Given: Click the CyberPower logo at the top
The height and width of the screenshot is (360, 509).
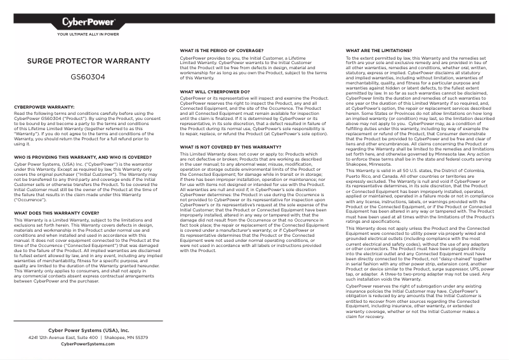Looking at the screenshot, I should [88, 23].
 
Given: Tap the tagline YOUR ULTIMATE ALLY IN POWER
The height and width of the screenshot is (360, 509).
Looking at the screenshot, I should [88, 35].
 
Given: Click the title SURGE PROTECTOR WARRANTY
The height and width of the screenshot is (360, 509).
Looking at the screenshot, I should [88, 62].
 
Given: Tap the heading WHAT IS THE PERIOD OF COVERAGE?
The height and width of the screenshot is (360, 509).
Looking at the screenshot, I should [221, 50].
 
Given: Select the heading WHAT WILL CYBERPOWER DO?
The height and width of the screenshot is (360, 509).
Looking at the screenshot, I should [215, 91].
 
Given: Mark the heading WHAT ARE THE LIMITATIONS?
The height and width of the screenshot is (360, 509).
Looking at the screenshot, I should [379, 50].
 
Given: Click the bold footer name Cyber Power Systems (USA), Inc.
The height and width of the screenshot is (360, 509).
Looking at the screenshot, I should [88, 331].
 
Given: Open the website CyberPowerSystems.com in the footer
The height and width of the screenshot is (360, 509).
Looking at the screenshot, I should [88, 344].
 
